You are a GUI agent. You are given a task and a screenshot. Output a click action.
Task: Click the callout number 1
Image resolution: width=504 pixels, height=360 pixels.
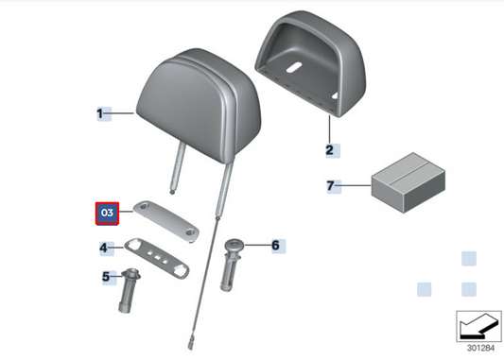pyautogui.click(x=100, y=113)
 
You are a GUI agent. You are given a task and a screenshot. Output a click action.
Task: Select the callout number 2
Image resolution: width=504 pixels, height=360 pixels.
pyautogui.click(x=330, y=150)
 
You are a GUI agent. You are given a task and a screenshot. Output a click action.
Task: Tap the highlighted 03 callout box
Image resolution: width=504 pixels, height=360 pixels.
pyautogui.click(x=107, y=214)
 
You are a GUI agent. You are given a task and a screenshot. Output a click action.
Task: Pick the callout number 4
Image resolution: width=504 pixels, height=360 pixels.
pyautogui.click(x=103, y=248)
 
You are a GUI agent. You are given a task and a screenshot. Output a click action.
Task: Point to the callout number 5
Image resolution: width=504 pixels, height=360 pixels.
pyautogui.click(x=106, y=277)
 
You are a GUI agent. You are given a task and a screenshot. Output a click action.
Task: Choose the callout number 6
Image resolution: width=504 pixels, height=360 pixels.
pyautogui.click(x=276, y=246)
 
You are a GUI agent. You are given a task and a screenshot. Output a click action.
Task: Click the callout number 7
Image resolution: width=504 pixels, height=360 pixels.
pyautogui.click(x=330, y=185)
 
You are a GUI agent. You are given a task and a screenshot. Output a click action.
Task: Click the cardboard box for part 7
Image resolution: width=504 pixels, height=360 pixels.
pyautogui.click(x=408, y=182)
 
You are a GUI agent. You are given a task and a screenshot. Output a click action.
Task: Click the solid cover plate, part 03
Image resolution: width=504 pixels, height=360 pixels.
pyautogui.click(x=166, y=222)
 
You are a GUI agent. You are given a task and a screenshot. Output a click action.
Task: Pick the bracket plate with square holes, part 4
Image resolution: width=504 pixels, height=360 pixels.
pyautogui.click(x=157, y=258)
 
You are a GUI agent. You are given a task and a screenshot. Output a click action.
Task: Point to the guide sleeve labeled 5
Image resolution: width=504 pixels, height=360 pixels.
pyautogui.click(x=129, y=290)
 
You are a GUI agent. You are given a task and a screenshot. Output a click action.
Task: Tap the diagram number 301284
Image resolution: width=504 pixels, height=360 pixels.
pyautogui.click(x=480, y=348)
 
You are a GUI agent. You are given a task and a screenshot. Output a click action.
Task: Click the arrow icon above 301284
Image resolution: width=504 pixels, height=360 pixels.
pyautogui.click(x=478, y=326)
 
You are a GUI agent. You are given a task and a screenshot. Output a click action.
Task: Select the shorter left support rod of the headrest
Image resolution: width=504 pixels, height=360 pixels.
pyautogui.click(x=178, y=168)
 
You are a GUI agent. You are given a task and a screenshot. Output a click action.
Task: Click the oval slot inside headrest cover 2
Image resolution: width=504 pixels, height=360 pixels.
pyautogui.click(x=294, y=67)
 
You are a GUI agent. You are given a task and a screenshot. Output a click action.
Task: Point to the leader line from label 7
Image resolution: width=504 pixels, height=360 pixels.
pyautogui.click(x=354, y=185)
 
